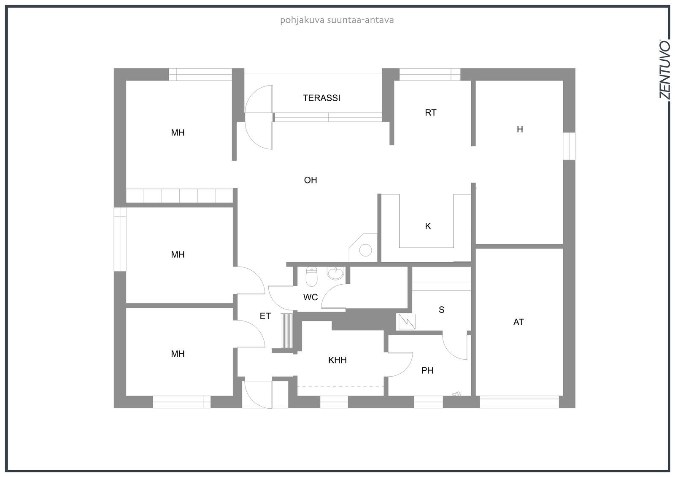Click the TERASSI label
pos(321,98)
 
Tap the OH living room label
pos(310,180)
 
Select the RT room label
pos(430,113)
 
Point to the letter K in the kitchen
pos(428,226)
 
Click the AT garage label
pos(518,322)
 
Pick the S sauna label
pos(441,310)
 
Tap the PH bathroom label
pos(427,370)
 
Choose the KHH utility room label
pos(337,360)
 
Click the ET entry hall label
pos(265,316)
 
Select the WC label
pos(310,297)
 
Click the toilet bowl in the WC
pos(311,276)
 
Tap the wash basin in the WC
pos(335,273)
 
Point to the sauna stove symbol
pos(407,321)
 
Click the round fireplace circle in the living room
pos(365,250)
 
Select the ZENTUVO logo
pos(665,73)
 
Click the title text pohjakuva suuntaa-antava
pos(337,21)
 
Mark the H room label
pos(520,129)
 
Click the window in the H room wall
pos(569,146)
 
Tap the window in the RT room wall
pos(430,74)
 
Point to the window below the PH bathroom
pos(428,402)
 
